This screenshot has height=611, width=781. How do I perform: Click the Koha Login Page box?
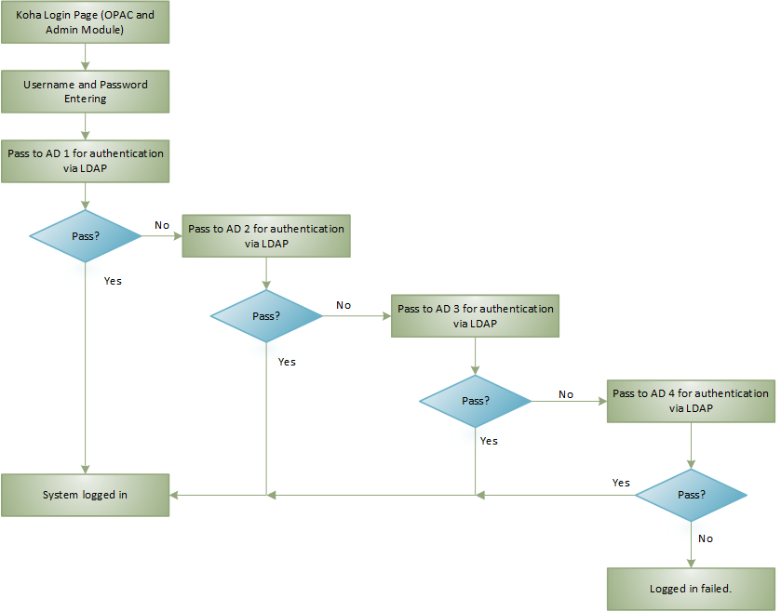click(85, 23)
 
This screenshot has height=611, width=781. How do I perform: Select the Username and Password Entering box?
click(85, 91)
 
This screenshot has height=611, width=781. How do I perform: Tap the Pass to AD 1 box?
click(85, 160)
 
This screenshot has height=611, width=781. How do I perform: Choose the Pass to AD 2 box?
click(266, 235)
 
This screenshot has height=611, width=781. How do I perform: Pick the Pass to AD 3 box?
click(476, 315)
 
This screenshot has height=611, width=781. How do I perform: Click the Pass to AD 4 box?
click(690, 401)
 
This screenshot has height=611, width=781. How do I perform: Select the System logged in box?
click(85, 495)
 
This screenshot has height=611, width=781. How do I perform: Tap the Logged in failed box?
click(690, 589)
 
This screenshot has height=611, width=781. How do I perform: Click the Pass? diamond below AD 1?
click(85, 235)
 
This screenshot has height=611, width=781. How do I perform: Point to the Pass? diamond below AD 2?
click(266, 315)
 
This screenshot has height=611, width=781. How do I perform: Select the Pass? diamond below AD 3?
click(476, 401)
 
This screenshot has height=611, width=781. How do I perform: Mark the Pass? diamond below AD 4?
click(691, 495)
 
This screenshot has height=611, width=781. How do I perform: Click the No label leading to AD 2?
click(161, 225)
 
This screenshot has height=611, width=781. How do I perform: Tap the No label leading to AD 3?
click(343, 305)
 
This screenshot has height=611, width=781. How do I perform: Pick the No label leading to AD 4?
click(566, 394)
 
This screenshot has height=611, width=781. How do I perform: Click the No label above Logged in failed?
click(706, 538)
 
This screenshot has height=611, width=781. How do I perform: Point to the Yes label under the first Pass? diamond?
click(113, 280)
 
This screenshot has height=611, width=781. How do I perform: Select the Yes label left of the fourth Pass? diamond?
click(621, 483)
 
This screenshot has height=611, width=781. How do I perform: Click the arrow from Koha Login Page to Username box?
click(85, 57)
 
